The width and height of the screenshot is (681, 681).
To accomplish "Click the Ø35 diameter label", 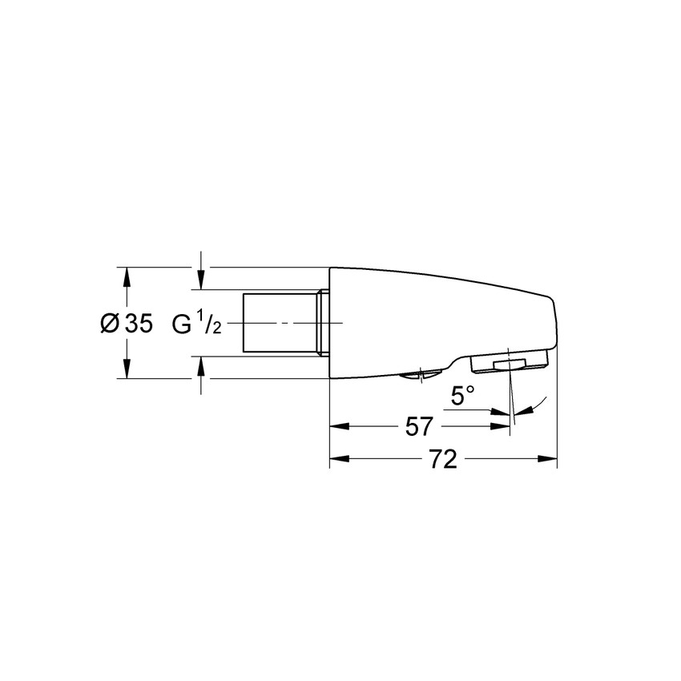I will point(126,324).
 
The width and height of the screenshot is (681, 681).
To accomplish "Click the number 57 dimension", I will point(419,427).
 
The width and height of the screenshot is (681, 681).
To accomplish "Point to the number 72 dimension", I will point(443,460).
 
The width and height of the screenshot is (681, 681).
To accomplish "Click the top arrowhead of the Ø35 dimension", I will point(126,275).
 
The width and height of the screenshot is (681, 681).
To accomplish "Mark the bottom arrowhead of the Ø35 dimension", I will point(126,370).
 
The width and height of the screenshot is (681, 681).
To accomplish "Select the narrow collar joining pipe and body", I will point(324,323).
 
